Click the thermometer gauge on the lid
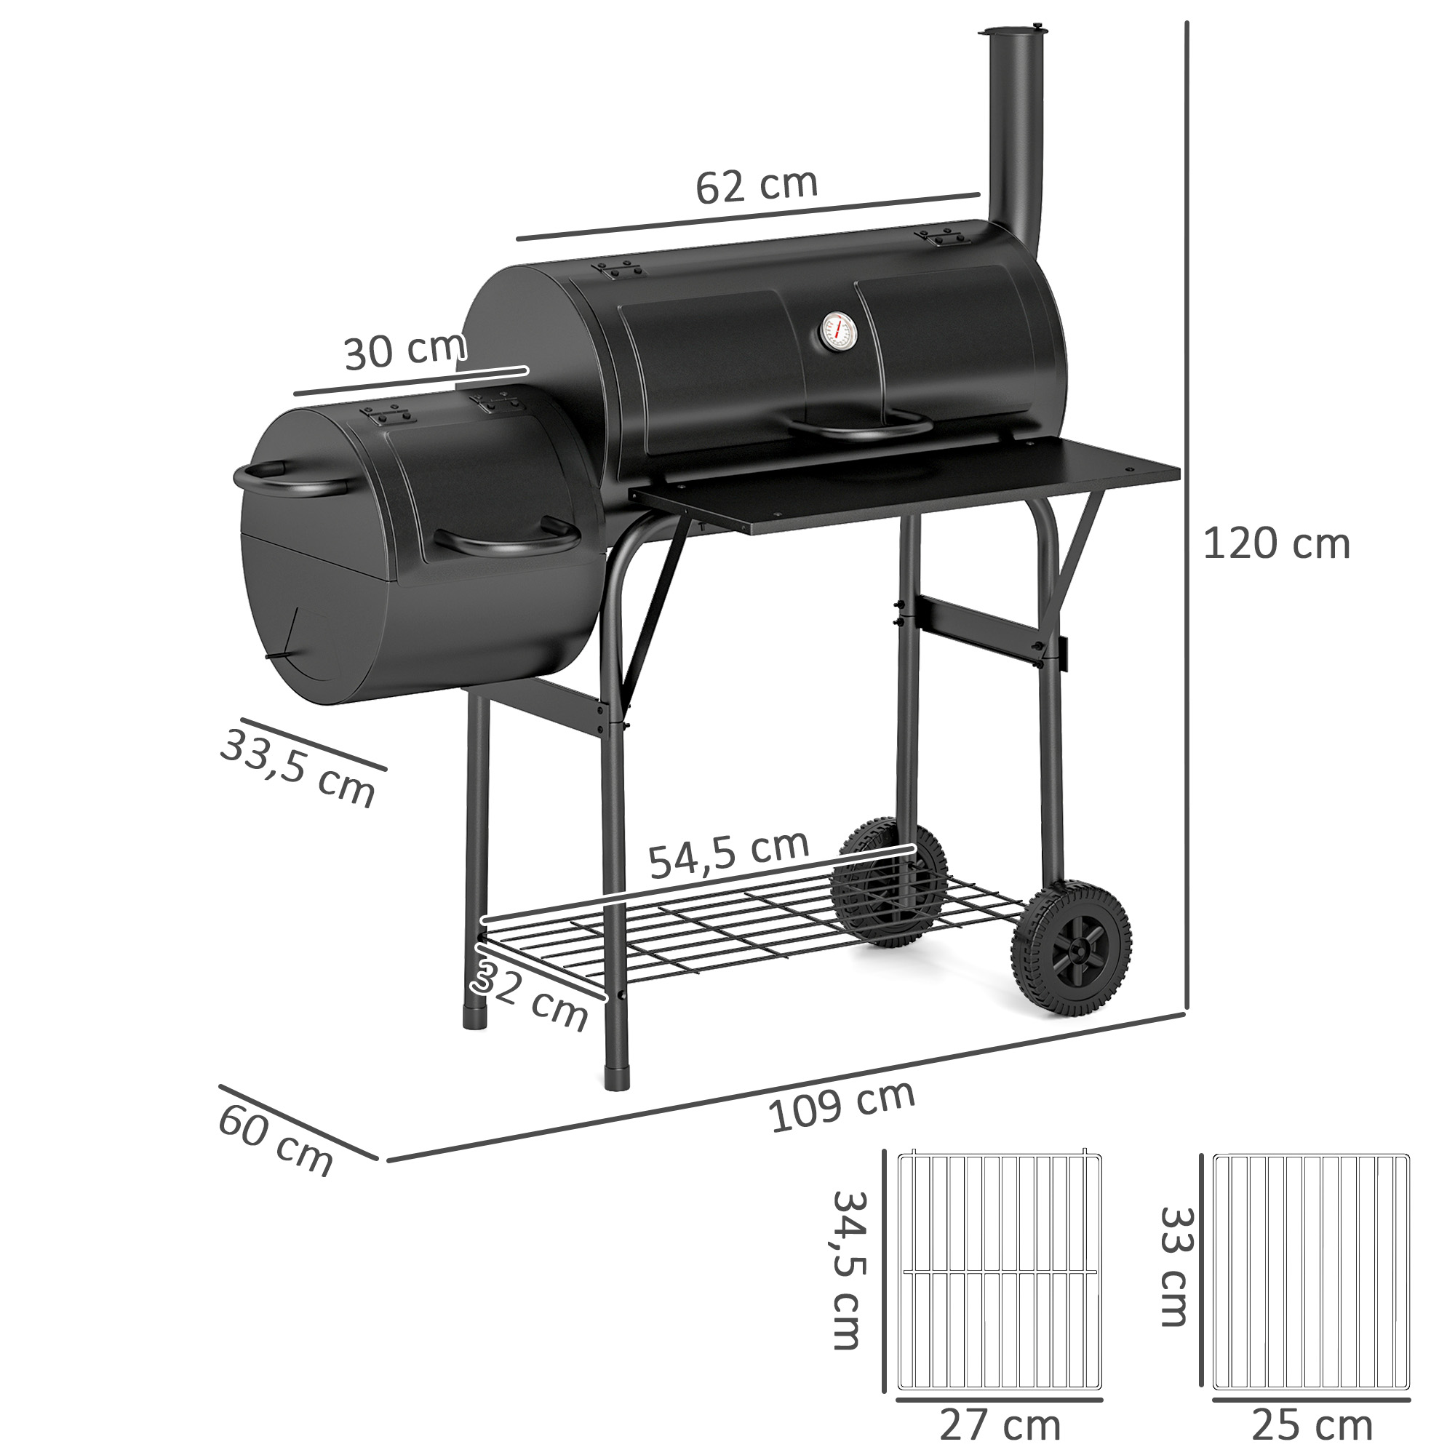click(837, 333)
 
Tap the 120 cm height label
click(1276, 544)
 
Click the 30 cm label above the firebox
click(405, 351)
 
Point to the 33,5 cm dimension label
click(298, 768)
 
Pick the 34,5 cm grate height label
click(850, 1269)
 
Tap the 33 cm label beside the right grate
click(1173, 1267)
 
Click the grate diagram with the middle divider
click(1000, 1271)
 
